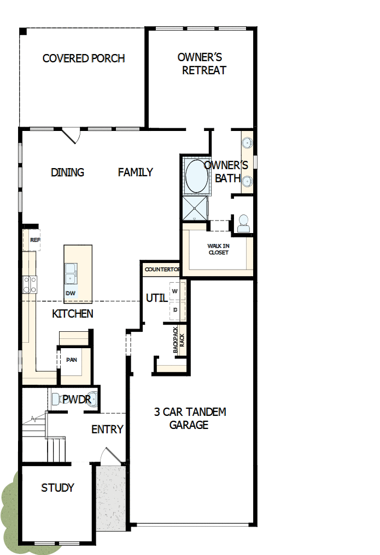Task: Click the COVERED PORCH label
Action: point(84,58)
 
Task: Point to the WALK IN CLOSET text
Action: point(218,249)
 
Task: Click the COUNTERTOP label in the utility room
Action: point(162,270)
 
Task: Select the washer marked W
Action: point(175,291)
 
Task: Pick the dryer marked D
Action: point(175,310)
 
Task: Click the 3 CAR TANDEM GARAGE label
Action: point(190,418)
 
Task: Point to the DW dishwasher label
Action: point(71,293)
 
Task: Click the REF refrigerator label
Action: point(35,240)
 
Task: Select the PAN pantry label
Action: point(71,360)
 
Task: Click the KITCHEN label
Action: point(73,314)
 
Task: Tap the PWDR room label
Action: point(77,400)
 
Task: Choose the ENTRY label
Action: point(107,429)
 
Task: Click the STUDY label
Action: point(57,488)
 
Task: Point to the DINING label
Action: point(67,172)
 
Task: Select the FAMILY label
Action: point(136,172)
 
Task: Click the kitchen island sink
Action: point(71,272)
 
